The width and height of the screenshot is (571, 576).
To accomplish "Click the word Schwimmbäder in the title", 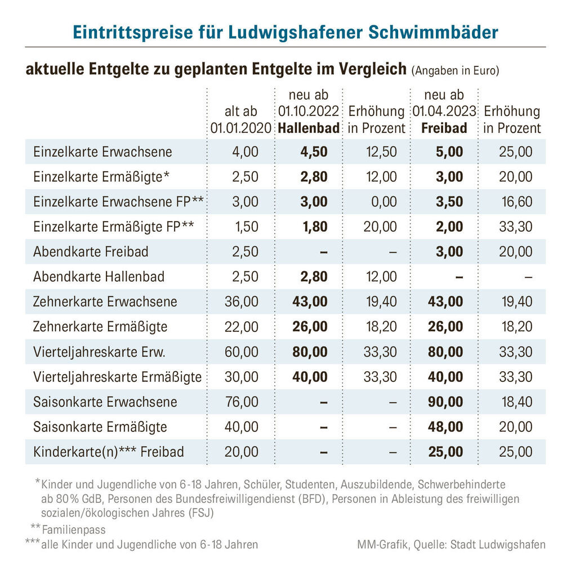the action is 433,32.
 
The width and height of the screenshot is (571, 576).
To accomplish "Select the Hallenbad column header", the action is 309,128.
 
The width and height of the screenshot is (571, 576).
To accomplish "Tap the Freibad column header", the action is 444,128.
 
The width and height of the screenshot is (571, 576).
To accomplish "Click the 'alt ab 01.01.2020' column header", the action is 241,119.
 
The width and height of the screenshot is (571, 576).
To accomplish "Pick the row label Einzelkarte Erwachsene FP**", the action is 118,202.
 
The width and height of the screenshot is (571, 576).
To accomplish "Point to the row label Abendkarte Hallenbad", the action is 99,277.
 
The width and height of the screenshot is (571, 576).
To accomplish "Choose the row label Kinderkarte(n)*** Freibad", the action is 109,452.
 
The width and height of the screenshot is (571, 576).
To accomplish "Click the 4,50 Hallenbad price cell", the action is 314,152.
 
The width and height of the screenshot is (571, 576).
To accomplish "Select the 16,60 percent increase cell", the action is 517,202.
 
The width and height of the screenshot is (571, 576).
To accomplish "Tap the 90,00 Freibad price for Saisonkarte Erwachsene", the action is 445,402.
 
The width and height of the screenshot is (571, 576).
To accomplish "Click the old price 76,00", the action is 242,402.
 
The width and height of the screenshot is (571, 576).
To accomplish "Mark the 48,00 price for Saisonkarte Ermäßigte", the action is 445,427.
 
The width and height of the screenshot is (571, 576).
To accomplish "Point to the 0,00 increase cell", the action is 384,202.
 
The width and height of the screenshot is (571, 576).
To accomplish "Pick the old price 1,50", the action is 246,227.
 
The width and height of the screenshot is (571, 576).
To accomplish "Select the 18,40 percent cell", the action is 517,402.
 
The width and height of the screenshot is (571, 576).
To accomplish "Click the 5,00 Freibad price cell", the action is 449,152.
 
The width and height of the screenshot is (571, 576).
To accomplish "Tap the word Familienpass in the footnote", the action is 74,530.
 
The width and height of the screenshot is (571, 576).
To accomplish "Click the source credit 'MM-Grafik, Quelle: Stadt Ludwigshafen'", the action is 451,544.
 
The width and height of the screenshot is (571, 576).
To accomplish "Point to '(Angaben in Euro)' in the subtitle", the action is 455,70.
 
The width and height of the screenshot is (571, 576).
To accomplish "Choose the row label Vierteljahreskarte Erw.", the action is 99,352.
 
